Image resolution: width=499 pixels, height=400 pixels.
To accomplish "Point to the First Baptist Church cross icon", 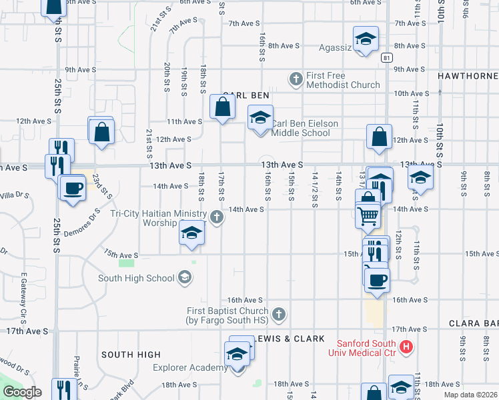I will (x=279, y=313).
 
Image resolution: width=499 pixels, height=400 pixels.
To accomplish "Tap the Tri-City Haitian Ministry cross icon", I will (x=216, y=217).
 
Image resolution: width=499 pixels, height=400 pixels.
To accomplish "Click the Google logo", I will (x=22, y=392).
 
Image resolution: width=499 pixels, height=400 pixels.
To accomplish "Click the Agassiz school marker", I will (x=366, y=40).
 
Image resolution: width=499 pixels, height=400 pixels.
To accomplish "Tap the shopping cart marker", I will (x=368, y=216).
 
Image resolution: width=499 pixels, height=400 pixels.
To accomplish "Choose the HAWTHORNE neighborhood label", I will (x=468, y=76).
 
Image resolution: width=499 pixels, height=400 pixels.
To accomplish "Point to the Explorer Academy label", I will (x=190, y=367).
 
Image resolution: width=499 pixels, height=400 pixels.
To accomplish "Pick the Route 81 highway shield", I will (x=387, y=58).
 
